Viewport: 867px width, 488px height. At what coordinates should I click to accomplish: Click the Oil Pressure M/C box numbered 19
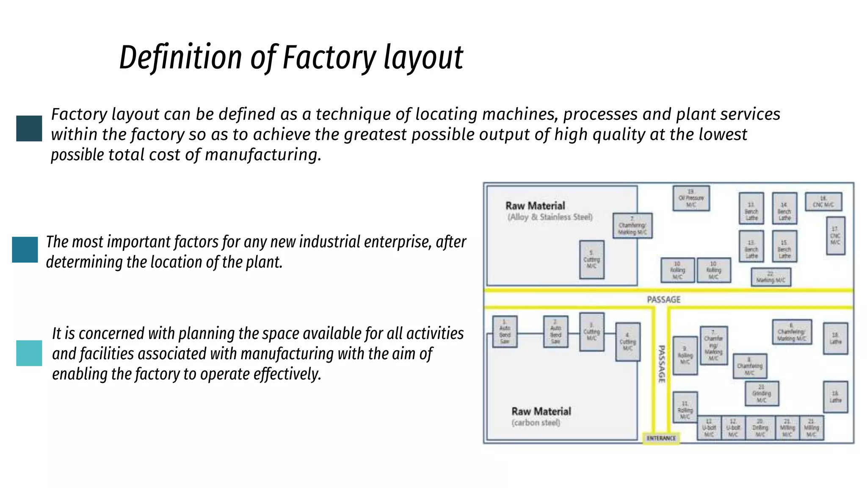click(x=691, y=198)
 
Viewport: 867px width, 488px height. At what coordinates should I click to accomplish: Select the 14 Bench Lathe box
click(x=784, y=208)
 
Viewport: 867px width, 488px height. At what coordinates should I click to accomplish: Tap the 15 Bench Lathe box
click(x=784, y=246)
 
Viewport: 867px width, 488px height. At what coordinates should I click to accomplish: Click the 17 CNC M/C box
click(x=835, y=236)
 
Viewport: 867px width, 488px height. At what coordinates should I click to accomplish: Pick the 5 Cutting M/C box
click(x=591, y=260)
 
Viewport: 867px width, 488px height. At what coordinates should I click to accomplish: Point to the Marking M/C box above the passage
click(x=770, y=277)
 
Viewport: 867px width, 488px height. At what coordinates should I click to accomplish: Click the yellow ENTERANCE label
click(x=661, y=438)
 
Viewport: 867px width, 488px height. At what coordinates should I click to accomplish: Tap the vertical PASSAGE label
click(x=661, y=364)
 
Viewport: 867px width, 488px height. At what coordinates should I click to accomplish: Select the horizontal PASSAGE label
click(x=663, y=299)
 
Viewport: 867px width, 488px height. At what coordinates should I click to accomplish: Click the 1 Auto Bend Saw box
click(x=505, y=332)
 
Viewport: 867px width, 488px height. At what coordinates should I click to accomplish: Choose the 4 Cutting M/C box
click(x=627, y=342)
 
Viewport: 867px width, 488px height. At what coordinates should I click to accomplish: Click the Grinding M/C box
click(x=761, y=394)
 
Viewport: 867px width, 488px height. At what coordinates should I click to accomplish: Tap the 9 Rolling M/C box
click(x=685, y=355)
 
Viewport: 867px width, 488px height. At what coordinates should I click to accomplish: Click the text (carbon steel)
click(x=536, y=423)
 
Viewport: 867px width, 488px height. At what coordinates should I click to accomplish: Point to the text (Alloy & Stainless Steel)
click(x=550, y=217)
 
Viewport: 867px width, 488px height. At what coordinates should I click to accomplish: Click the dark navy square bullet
click(x=29, y=128)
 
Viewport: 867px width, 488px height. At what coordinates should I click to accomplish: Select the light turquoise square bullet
click(x=29, y=353)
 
